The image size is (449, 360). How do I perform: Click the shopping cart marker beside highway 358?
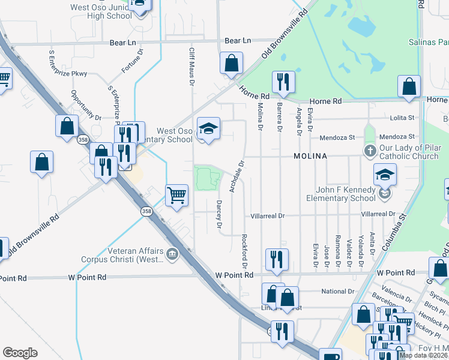(176, 194)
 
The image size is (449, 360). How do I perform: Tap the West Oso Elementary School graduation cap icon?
(208, 129)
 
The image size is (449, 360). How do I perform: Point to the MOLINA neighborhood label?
(310, 156)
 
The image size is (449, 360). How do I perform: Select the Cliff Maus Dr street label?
(192, 67)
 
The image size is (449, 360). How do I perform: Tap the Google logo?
(20, 353)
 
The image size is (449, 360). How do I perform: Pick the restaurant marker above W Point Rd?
(276, 259)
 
